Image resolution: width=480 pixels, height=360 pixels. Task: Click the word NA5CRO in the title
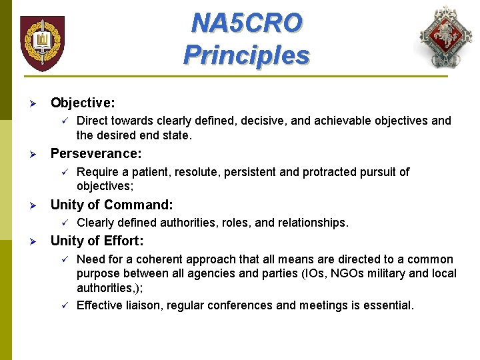coord(246,23)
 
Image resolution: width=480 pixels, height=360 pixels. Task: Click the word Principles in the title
coord(246,55)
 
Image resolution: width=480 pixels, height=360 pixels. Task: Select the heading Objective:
coord(83,103)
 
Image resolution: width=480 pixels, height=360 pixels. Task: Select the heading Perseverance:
coord(96,154)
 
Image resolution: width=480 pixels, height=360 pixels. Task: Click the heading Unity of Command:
coord(111,205)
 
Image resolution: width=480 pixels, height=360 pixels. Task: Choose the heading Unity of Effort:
coord(97,241)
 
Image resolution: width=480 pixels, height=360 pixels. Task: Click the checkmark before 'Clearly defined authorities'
coord(64,222)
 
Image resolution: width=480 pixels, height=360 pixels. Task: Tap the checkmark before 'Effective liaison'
coord(64,305)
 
